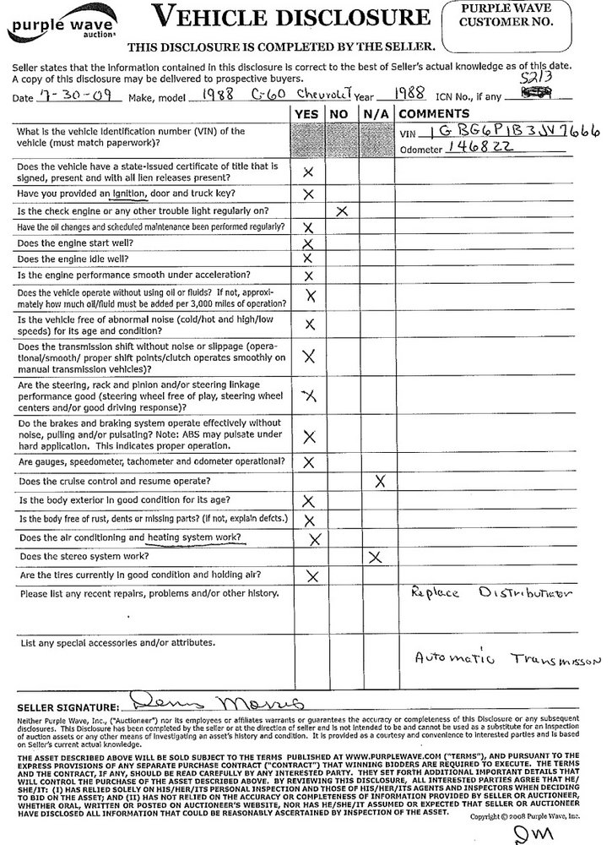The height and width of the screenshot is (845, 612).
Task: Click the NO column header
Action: (x=340, y=113)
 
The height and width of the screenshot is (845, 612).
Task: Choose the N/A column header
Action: (x=374, y=113)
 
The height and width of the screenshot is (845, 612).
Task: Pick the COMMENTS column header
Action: (x=434, y=113)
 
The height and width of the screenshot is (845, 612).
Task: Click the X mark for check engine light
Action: (x=341, y=211)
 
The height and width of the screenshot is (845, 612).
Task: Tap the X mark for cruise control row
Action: (x=380, y=481)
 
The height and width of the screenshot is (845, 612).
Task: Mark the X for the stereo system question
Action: (x=376, y=557)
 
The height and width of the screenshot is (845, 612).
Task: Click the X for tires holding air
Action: (x=312, y=576)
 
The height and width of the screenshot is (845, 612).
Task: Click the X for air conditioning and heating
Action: (x=315, y=538)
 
